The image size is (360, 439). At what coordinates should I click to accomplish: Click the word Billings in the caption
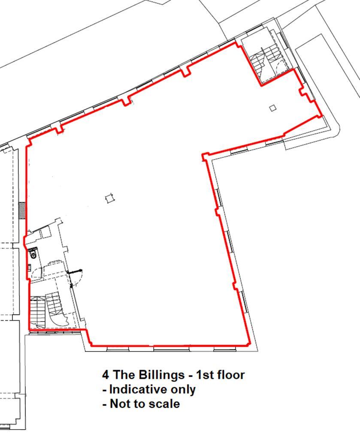tap(162, 375)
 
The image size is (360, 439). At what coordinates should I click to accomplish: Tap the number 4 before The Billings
tap(106, 375)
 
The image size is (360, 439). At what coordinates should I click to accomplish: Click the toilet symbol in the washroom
tap(33, 254)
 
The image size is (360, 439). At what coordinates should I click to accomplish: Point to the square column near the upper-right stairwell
tap(273, 108)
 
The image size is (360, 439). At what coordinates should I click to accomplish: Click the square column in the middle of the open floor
tap(109, 199)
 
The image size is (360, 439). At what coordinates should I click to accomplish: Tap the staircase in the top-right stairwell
tap(265, 60)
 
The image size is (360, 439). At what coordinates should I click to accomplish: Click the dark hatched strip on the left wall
tap(22, 210)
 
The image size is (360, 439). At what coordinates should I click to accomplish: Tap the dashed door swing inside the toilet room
tap(37, 273)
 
